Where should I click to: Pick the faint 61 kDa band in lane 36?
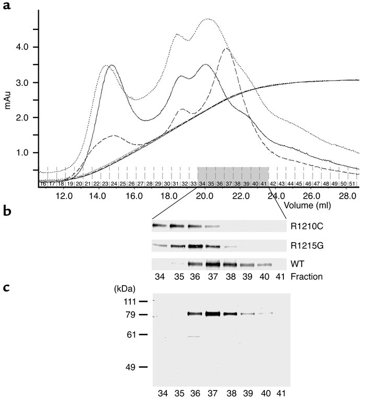pos(193,336)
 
